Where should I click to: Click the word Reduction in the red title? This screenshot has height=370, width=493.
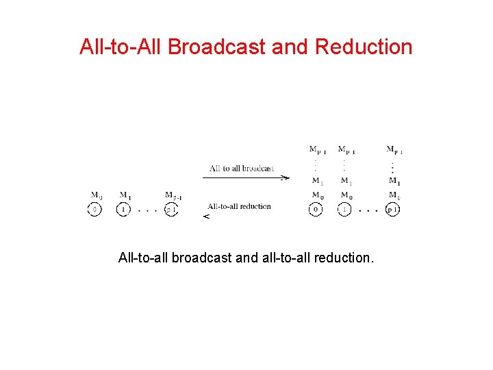[364, 47]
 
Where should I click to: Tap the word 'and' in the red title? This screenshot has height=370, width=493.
[291, 47]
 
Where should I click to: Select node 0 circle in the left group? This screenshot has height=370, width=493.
[95, 210]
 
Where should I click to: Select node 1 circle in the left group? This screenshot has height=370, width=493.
[123, 210]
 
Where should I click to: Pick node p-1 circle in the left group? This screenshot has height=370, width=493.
[170, 210]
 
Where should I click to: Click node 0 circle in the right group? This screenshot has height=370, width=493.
[316, 210]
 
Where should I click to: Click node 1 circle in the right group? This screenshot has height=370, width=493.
[345, 210]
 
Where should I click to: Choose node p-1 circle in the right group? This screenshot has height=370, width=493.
[392, 210]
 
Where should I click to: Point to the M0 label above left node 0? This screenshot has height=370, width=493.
[97, 195]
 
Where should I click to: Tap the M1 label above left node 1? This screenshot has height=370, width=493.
[125, 195]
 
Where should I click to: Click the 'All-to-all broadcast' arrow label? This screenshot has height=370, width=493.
[242, 168]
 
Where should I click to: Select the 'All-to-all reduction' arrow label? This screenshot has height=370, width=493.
[239, 206]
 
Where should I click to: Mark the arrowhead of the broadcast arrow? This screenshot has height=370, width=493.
[286, 177]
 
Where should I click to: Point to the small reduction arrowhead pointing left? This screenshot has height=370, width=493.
[205, 217]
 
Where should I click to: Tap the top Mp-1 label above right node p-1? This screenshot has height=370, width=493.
[394, 149]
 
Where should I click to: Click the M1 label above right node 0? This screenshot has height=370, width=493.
[317, 181]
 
